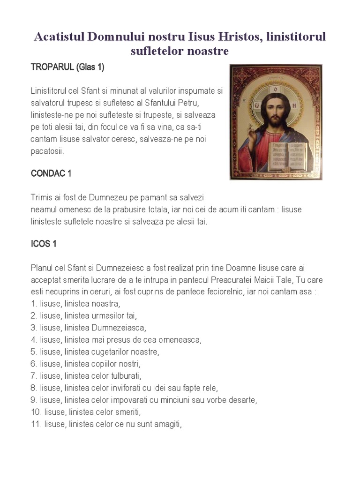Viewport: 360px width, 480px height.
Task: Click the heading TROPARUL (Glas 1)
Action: pyautogui.click(x=67, y=67)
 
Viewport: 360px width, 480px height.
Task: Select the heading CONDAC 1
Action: pyautogui.click(x=51, y=173)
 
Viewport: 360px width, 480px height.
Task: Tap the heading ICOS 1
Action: pyautogui.click(x=44, y=244)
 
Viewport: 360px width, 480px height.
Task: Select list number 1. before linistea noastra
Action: pyautogui.click(x=34, y=303)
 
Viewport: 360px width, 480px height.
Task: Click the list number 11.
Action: pyautogui.click(x=36, y=425)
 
